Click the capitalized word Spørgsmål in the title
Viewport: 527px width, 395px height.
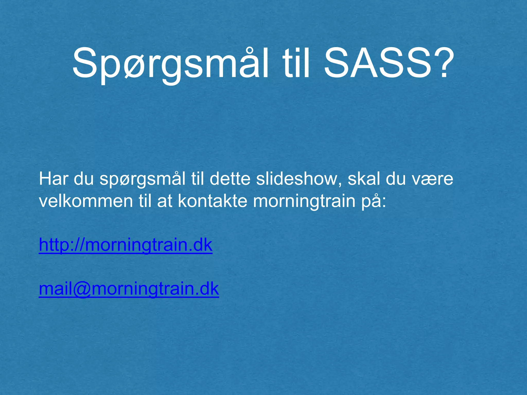click(x=170, y=64)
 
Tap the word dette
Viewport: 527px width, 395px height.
click(x=230, y=179)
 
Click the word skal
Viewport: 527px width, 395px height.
click(x=364, y=179)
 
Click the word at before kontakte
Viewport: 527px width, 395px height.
click(x=165, y=202)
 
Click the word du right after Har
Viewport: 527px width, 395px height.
click(x=84, y=179)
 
